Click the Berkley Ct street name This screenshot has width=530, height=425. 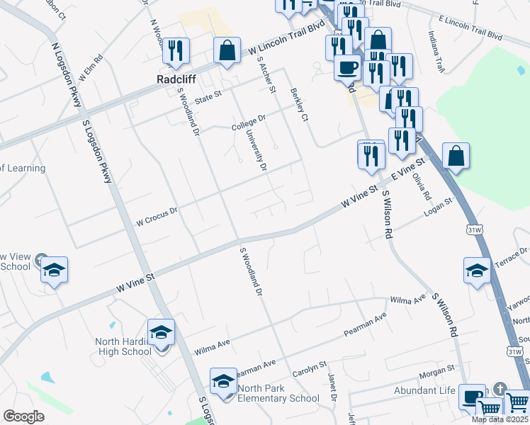pyautogui.click(x=300, y=106)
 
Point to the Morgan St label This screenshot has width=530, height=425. pyautogui.click(x=436, y=370)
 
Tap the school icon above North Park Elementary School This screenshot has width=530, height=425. pyautogui.click(x=223, y=382)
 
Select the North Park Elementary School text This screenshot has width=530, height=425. pyautogui.click(x=278, y=393)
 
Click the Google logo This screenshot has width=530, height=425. pyautogui.click(x=23, y=416)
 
